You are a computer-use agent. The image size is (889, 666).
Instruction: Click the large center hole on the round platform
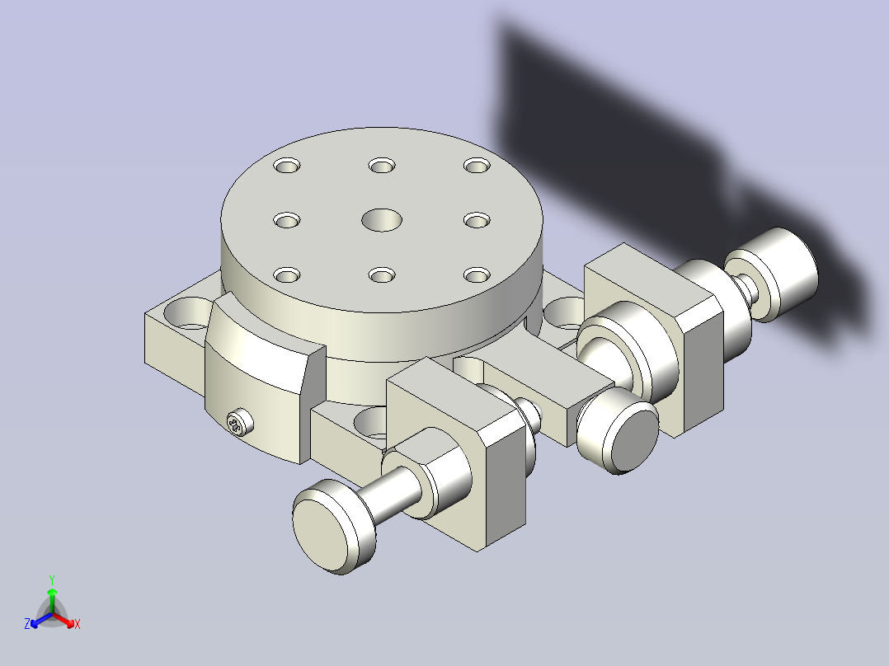[382, 220]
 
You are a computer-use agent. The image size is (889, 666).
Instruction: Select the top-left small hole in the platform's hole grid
[287, 166]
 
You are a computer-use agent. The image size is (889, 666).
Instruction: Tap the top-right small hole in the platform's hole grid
[477, 166]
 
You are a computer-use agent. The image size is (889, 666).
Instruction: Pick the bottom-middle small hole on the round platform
[382, 275]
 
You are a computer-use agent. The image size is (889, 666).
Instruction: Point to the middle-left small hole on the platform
[287, 220]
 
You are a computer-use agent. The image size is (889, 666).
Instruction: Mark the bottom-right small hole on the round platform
[477, 275]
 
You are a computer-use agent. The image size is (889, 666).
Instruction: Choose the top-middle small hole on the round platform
[382, 166]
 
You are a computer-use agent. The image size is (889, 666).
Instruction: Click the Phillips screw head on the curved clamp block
[240, 423]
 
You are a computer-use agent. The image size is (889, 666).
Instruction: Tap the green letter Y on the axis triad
[52, 579]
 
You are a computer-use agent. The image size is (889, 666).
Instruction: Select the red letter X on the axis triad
[78, 624]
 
